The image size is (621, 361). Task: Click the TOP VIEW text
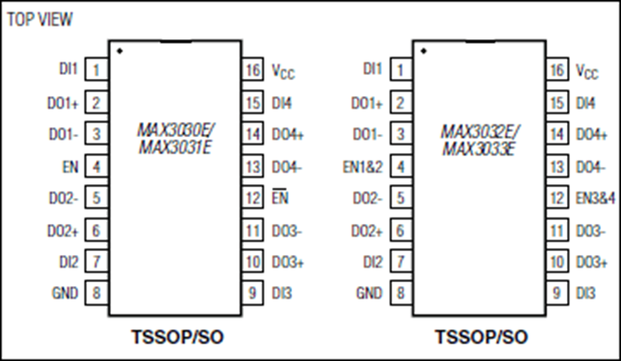pos(40,19)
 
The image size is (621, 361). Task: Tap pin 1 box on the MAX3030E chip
pos(97,70)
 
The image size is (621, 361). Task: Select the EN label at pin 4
pos(71,167)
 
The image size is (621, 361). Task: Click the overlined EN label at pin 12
pos(280,196)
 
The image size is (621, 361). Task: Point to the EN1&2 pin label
pos(363,167)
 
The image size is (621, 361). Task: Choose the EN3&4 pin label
pos(596,198)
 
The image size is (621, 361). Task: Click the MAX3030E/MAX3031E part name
pos(176,139)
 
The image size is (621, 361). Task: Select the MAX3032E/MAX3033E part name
pos(480,140)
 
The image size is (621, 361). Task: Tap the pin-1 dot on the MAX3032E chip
pos(424,51)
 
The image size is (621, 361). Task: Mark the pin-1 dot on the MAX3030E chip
pos(120,51)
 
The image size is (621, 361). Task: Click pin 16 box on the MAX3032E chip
pos(557,70)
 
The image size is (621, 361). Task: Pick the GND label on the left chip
pos(65,293)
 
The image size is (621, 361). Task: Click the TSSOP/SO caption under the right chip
pos(482,337)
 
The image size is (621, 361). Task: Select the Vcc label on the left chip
pos(283,71)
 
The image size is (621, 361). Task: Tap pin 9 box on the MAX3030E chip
pos(252,293)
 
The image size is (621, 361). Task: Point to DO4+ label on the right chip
pos(591,134)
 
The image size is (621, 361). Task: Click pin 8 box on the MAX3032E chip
pos(401,293)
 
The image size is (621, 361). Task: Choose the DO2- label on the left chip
pos(63,198)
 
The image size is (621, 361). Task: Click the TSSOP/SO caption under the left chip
pos(177,337)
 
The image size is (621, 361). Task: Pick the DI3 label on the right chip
pos(586,293)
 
